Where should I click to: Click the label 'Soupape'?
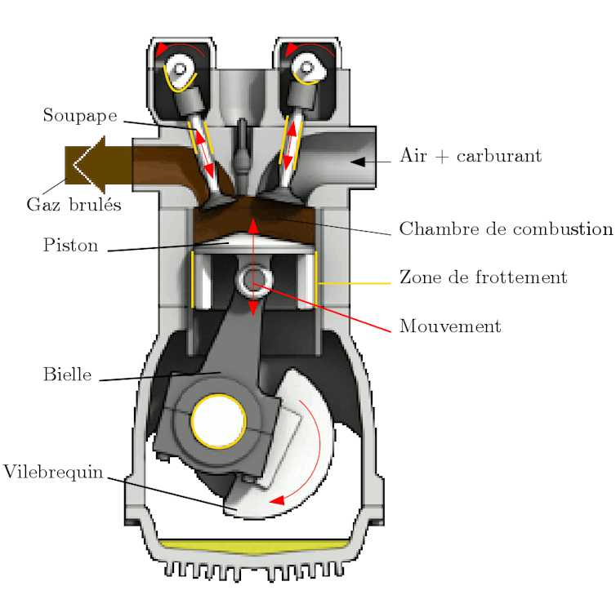pyautogui.click(x=80, y=116)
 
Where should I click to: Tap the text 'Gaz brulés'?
pyautogui.click(x=74, y=205)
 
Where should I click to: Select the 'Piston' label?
pyautogui.click(x=70, y=246)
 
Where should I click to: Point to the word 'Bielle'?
pyautogui.click(x=67, y=375)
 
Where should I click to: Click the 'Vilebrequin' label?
pyautogui.click(x=53, y=473)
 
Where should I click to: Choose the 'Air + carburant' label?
pyautogui.click(x=470, y=156)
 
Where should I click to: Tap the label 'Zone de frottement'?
pyautogui.click(x=483, y=277)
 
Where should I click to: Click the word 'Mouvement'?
pyautogui.click(x=449, y=326)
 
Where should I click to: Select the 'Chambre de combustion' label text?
pyautogui.click(x=482, y=229)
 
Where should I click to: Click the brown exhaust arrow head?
pyautogui.click(x=86, y=163)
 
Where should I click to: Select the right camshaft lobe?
pyautogui.click(x=309, y=69)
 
